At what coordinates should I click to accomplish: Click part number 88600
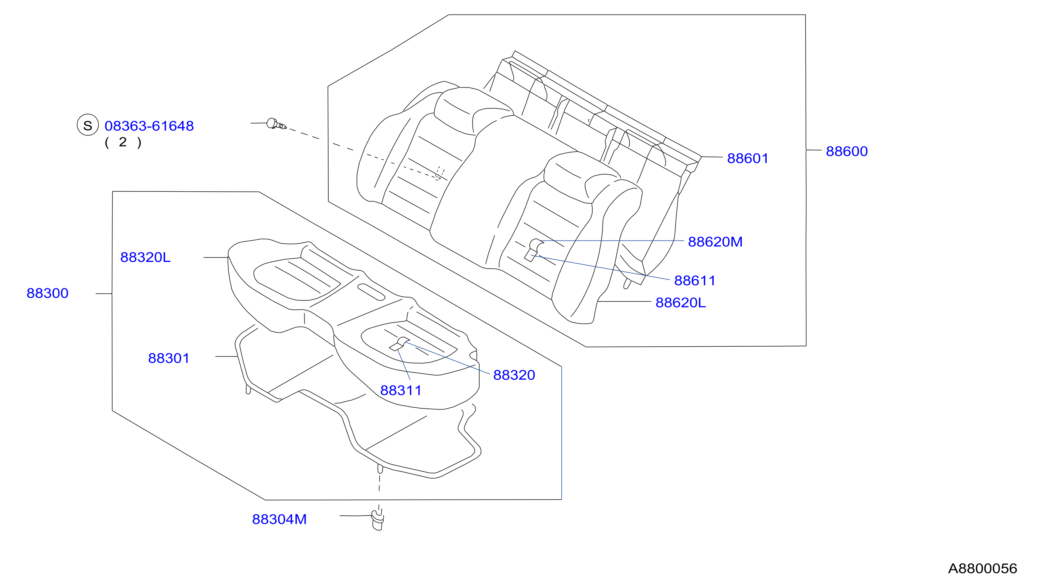coord(846,151)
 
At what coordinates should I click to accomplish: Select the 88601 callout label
coord(748,158)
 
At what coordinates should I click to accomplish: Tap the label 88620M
coord(715,241)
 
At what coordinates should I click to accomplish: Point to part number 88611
coord(694,281)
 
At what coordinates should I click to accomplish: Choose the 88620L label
coord(681,302)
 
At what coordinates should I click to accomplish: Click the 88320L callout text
coord(145,257)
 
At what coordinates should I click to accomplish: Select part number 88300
coord(47,293)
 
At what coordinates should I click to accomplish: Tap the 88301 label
coord(168,358)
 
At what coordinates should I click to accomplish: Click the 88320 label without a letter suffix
coord(514,375)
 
